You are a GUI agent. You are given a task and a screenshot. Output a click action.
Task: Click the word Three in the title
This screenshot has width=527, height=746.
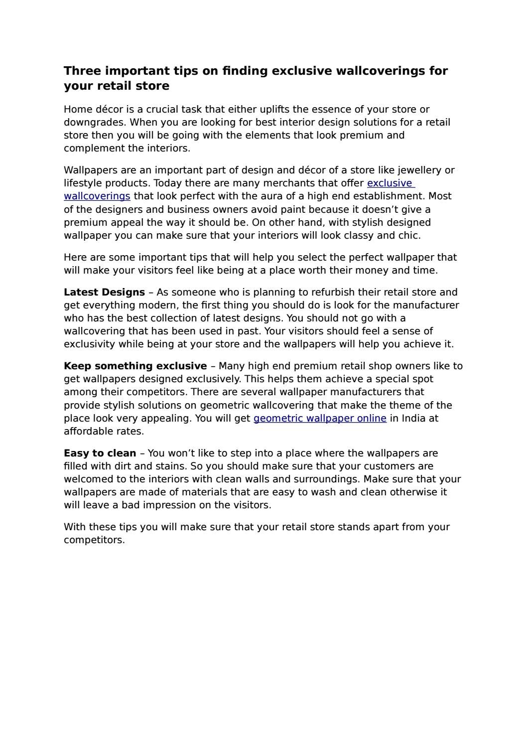pyautogui.click(x=82, y=71)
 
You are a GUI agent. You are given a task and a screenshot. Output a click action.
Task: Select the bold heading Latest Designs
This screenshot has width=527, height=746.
pyautogui.click(x=104, y=292)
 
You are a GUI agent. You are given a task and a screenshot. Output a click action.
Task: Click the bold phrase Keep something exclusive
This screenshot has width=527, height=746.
pyautogui.click(x=135, y=366)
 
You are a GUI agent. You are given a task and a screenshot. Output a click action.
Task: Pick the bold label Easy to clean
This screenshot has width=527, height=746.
pyautogui.click(x=100, y=453)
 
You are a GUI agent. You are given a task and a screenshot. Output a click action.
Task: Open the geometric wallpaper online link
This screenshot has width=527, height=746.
pyautogui.click(x=320, y=418)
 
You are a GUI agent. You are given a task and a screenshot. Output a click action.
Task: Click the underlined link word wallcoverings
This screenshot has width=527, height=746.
pyautogui.click(x=97, y=196)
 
